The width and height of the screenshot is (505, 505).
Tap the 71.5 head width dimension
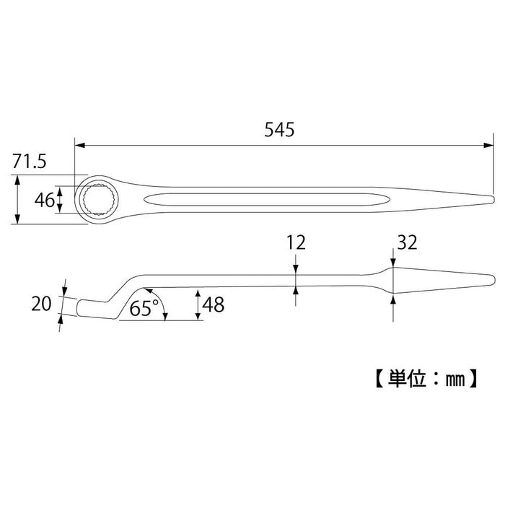coord(29,162)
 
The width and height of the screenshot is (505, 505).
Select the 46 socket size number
coord(44,200)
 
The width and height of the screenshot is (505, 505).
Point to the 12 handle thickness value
coord(296,242)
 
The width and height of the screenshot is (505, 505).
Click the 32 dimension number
coord(406,242)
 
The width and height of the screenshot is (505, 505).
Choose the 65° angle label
coord(144,309)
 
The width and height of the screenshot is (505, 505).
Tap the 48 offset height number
coord(214,304)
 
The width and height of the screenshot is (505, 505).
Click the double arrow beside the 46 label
coord(61,200)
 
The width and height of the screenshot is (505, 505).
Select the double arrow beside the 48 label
coord(198,304)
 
